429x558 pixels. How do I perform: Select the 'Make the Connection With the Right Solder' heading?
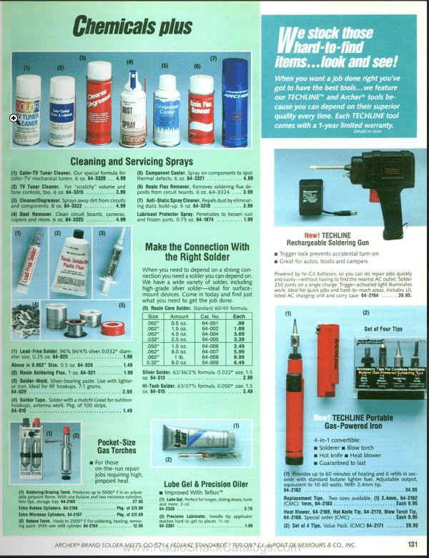197,251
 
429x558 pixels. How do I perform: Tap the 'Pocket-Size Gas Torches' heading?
117,446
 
